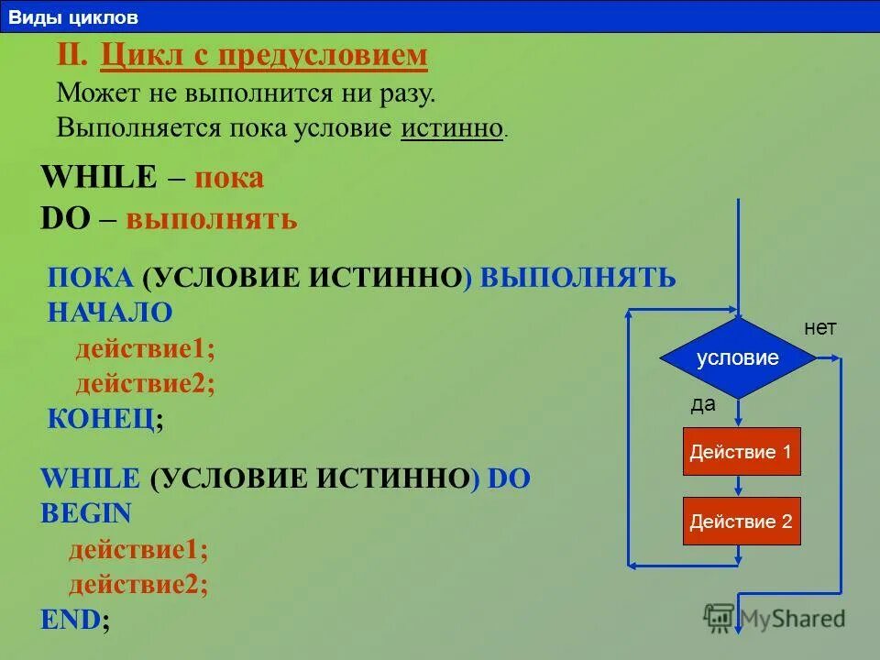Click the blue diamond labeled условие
738,358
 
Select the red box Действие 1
742,451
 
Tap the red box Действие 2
742,522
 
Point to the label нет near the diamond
820,328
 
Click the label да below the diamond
703,405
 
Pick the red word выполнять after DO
212,219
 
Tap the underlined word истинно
452,127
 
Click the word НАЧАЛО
110,313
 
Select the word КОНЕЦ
100,419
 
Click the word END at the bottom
70,619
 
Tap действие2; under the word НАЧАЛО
146,383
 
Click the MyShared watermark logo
775,618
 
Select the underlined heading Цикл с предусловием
264,56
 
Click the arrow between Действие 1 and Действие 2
738,486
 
